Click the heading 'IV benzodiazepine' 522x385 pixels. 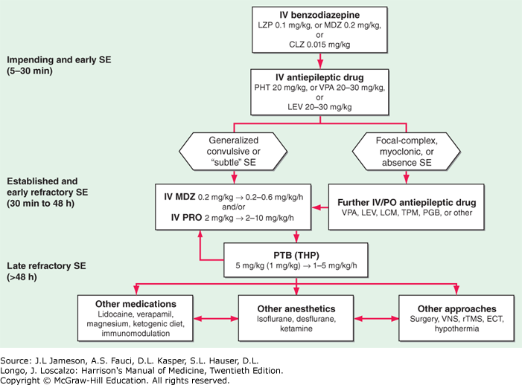pyautogui.click(x=319, y=15)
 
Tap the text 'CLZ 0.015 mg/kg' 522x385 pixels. pyautogui.click(x=319, y=45)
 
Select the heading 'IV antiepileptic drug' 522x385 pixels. pyautogui.click(x=319, y=77)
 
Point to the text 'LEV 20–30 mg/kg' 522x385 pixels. pyautogui.click(x=319, y=107)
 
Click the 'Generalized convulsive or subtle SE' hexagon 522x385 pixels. pyautogui.click(x=233, y=152)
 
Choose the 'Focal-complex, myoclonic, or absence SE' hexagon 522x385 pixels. pyautogui.click(x=407, y=152)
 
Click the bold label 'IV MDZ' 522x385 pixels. pyautogui.click(x=179, y=197)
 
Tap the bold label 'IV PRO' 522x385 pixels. pyautogui.click(x=186, y=218)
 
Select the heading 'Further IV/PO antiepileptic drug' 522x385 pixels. pyautogui.click(x=407, y=202)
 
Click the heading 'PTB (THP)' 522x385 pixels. pyautogui.click(x=296, y=255)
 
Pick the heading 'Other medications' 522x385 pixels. pyautogui.click(x=136, y=304)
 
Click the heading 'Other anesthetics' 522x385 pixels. pyautogui.click(x=296, y=309)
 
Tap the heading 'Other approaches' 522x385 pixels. pyautogui.click(x=456, y=309)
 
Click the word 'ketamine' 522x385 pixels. pyautogui.click(x=296, y=329)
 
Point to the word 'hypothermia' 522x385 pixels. pyautogui.click(x=456, y=329)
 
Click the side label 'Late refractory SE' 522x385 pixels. pyautogui.click(x=46, y=266)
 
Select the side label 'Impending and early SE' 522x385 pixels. pyautogui.click(x=59, y=59)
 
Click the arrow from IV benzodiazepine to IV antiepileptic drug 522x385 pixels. pyautogui.click(x=320, y=61)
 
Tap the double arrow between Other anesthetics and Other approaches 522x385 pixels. pyautogui.click(x=376, y=319)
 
